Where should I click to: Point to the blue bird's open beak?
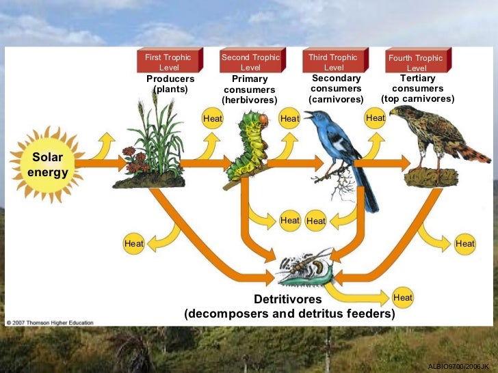pyautogui.click(x=309, y=115)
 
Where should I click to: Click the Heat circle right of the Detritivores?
pyautogui.click(x=403, y=298)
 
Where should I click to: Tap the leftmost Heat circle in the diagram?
pyautogui.click(x=133, y=243)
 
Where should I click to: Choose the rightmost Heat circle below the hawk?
pyautogui.click(x=464, y=243)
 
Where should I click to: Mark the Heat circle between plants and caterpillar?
pyautogui.click(x=213, y=118)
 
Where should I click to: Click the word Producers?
pyautogui.click(x=170, y=79)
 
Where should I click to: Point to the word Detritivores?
pyautogui.click(x=287, y=299)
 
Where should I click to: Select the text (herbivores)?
pyautogui.click(x=250, y=100)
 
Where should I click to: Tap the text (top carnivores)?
pyautogui.click(x=417, y=99)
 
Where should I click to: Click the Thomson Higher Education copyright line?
pyautogui.click(x=50, y=322)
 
